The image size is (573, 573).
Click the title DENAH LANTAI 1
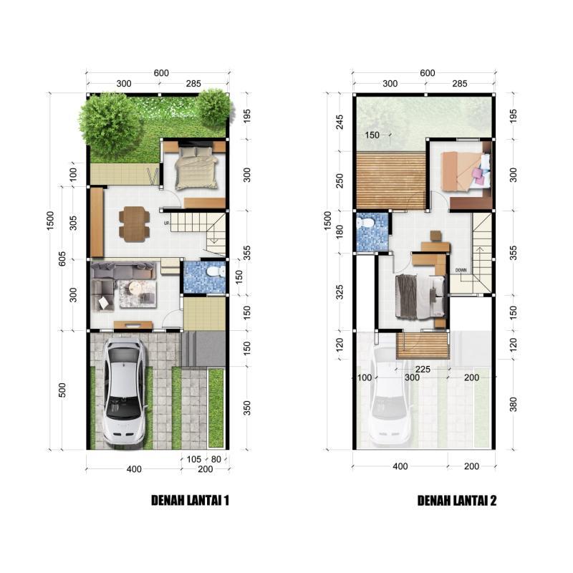190,501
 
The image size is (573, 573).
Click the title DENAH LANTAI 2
457,501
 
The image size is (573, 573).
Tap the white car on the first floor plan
123,391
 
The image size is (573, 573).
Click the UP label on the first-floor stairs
166,223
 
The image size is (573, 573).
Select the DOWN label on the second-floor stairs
461,270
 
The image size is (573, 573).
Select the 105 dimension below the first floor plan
193,458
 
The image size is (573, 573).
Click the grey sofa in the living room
122,271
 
